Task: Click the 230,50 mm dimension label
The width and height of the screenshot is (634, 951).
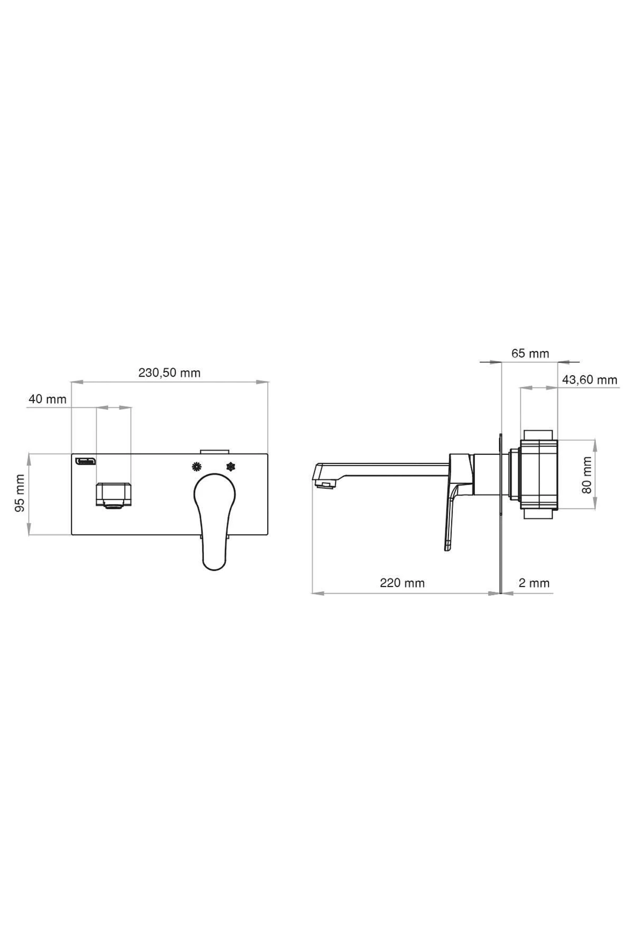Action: pos(169,372)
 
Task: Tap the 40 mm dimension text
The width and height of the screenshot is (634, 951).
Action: pos(48,399)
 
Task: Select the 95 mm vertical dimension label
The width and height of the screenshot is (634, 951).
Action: pos(20,492)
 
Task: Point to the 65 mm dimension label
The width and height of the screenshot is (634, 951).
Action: pos(530,353)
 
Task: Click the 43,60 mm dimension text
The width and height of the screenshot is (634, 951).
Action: pos(589,379)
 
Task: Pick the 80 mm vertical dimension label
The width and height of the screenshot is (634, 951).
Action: pos(586,475)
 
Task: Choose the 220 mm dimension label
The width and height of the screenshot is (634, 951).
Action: pos(402,583)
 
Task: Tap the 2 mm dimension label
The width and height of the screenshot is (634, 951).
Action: pos(534,583)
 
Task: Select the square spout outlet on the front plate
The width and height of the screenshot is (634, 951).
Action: pos(113,495)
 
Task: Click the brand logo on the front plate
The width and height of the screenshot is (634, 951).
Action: pos(85,461)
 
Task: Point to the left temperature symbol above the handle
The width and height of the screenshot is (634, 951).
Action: pos(197,467)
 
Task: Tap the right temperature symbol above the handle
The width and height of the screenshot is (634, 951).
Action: pos(230,467)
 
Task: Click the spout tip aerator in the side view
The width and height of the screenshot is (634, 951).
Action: pos(324,483)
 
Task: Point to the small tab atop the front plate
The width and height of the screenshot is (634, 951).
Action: pos(214,451)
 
